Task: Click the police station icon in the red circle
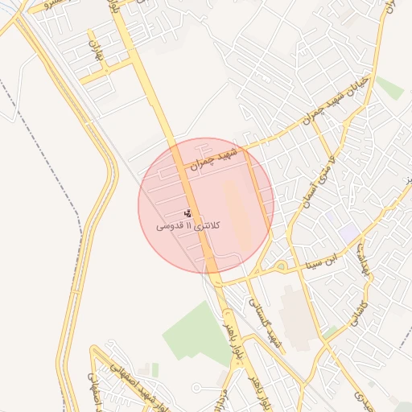[188, 213]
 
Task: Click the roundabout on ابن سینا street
[280, 266]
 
